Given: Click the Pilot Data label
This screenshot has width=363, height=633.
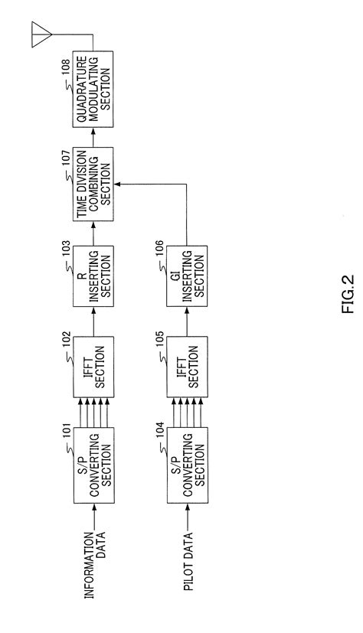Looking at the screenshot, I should click(x=188, y=563).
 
